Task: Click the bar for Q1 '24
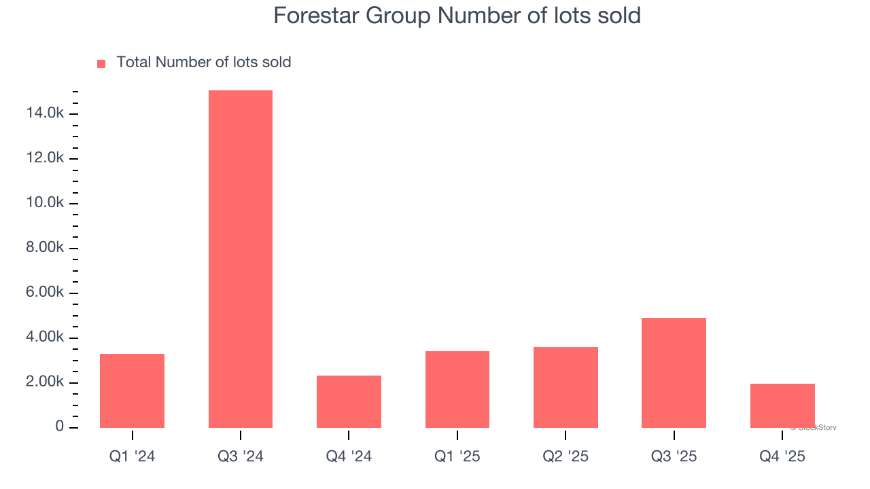pyautogui.click(x=132, y=391)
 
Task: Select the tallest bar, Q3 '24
pyautogui.click(x=240, y=259)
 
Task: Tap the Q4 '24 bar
pyautogui.click(x=349, y=401)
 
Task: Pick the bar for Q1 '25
pyautogui.click(x=457, y=389)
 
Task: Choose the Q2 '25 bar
pyautogui.click(x=565, y=387)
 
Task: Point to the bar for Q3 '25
pyautogui.click(x=674, y=373)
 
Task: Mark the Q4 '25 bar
pyautogui.click(x=782, y=405)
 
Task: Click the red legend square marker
pyautogui.click(x=101, y=63)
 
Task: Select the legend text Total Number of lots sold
pyautogui.click(x=203, y=62)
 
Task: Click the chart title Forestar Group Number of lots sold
pyautogui.click(x=457, y=16)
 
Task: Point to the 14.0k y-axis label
pyautogui.click(x=45, y=113)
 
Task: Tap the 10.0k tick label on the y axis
pyautogui.click(x=45, y=203)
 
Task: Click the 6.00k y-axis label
pyautogui.click(x=45, y=293)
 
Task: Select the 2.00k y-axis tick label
pyautogui.click(x=45, y=382)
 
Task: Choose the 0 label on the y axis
pyautogui.click(x=60, y=427)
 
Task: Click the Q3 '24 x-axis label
pyautogui.click(x=240, y=456)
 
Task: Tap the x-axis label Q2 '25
pyautogui.click(x=565, y=456)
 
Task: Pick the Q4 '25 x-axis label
pyautogui.click(x=782, y=456)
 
